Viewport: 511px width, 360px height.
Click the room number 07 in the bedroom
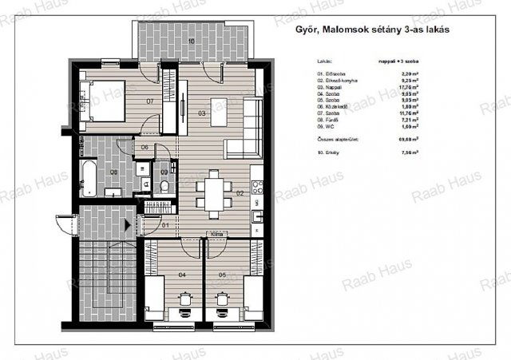[149, 101]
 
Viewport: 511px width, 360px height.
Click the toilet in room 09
[164, 186]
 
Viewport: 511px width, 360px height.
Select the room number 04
[183, 275]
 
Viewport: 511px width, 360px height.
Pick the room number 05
[222, 275]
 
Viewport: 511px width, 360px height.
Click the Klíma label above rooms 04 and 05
[215, 235]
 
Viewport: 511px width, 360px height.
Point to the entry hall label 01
[164, 225]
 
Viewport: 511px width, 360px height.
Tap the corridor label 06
[145, 148]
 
